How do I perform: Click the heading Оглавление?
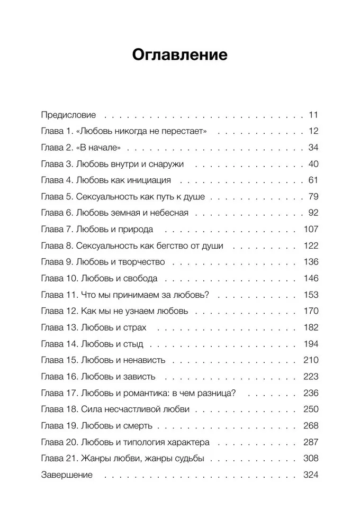[179, 54]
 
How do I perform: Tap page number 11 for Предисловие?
[312, 115]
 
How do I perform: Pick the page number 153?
[309, 295]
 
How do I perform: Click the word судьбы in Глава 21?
[187, 459]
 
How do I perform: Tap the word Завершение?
[67, 475]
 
